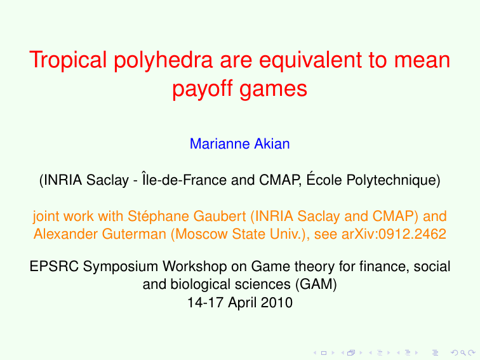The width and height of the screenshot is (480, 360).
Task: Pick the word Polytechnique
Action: [x=392, y=180]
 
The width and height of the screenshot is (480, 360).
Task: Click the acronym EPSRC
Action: [x=52, y=267]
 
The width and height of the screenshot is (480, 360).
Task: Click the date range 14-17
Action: [x=203, y=302]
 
